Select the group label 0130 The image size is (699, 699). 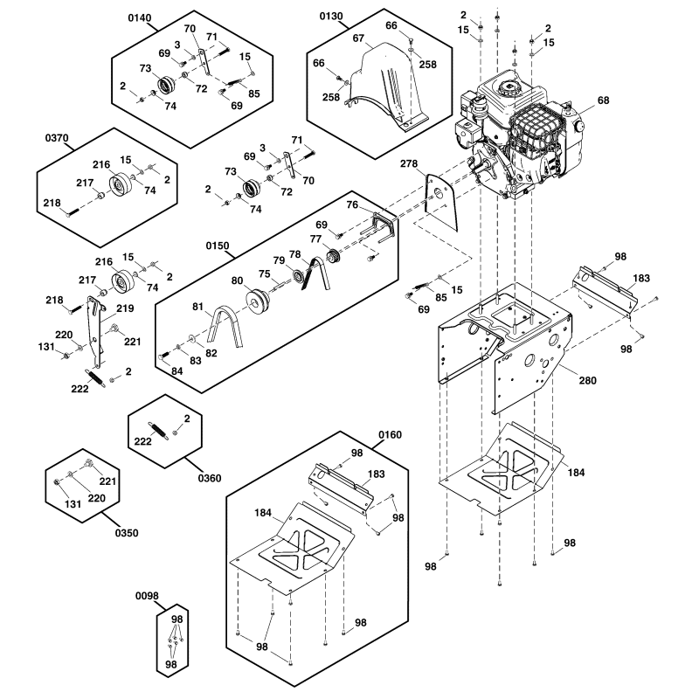[x=332, y=17]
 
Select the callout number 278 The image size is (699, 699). [x=410, y=163]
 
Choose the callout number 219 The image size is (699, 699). [x=125, y=308]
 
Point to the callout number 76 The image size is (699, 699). [x=351, y=204]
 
